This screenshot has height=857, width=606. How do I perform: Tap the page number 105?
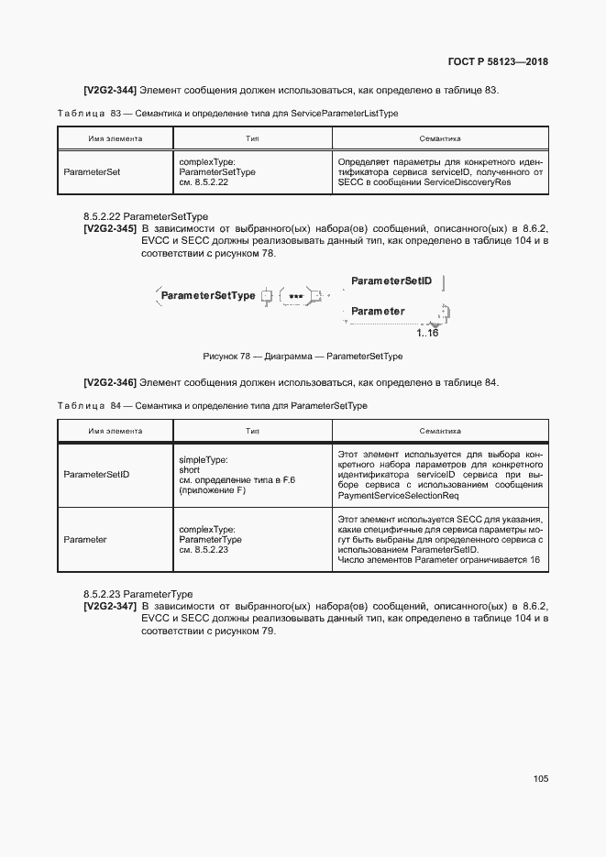point(540,778)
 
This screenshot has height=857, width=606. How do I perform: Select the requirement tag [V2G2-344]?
point(109,90)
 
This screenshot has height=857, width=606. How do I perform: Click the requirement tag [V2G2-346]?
point(109,381)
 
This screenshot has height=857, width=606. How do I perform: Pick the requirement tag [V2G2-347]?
point(110,607)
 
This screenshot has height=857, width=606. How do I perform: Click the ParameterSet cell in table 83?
point(92,170)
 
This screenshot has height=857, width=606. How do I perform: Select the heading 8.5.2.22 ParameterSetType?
point(146,216)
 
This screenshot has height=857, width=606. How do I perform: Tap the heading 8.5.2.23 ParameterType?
point(138,595)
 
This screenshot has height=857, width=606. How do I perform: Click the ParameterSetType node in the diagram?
point(208,295)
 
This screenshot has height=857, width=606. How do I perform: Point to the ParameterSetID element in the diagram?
point(391,280)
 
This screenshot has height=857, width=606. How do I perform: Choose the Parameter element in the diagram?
point(378,312)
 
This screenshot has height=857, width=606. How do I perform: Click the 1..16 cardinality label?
point(427,333)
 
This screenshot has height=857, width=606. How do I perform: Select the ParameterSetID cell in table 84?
point(96,475)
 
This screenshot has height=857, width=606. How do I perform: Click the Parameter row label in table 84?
point(85,540)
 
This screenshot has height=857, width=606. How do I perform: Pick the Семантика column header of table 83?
point(439,139)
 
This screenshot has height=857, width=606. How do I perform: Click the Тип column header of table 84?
point(252,431)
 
